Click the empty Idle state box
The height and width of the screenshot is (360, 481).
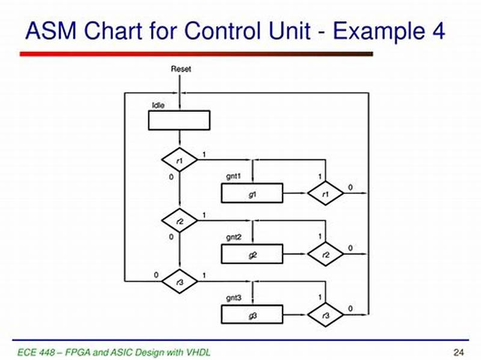point(179,120)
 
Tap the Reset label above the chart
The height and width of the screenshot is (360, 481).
point(180,69)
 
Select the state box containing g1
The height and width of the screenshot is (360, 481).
point(252,194)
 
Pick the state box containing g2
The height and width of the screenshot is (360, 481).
point(252,254)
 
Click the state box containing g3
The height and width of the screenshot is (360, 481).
point(252,314)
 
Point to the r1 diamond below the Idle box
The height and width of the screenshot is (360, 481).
point(180,160)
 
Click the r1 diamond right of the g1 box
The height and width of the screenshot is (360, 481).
point(326,194)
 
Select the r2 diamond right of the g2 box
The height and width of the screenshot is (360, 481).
point(326,254)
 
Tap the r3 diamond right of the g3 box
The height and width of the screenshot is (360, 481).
point(326,314)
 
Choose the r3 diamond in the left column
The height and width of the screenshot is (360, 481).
point(180,281)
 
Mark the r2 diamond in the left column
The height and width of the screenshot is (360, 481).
point(180,221)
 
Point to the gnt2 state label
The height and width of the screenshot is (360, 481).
point(233,238)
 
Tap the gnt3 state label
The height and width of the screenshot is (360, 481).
point(233,298)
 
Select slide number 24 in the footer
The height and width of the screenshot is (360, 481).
point(457,351)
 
